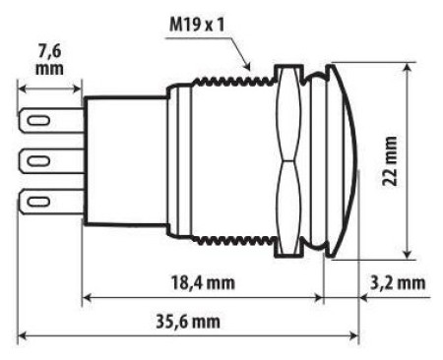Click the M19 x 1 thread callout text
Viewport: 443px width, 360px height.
pos(197,25)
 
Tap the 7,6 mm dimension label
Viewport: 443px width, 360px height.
pos(49,60)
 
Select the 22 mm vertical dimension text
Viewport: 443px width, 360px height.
pos(390,161)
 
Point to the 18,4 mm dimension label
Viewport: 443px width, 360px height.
pos(203,282)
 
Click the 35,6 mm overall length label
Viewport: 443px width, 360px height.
pos(188,322)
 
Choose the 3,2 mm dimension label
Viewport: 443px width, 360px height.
pos(398,282)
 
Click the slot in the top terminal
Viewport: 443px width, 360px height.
pos(38,120)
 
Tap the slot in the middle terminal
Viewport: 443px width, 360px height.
pos(38,160)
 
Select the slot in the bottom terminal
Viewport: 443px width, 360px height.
pos(38,201)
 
